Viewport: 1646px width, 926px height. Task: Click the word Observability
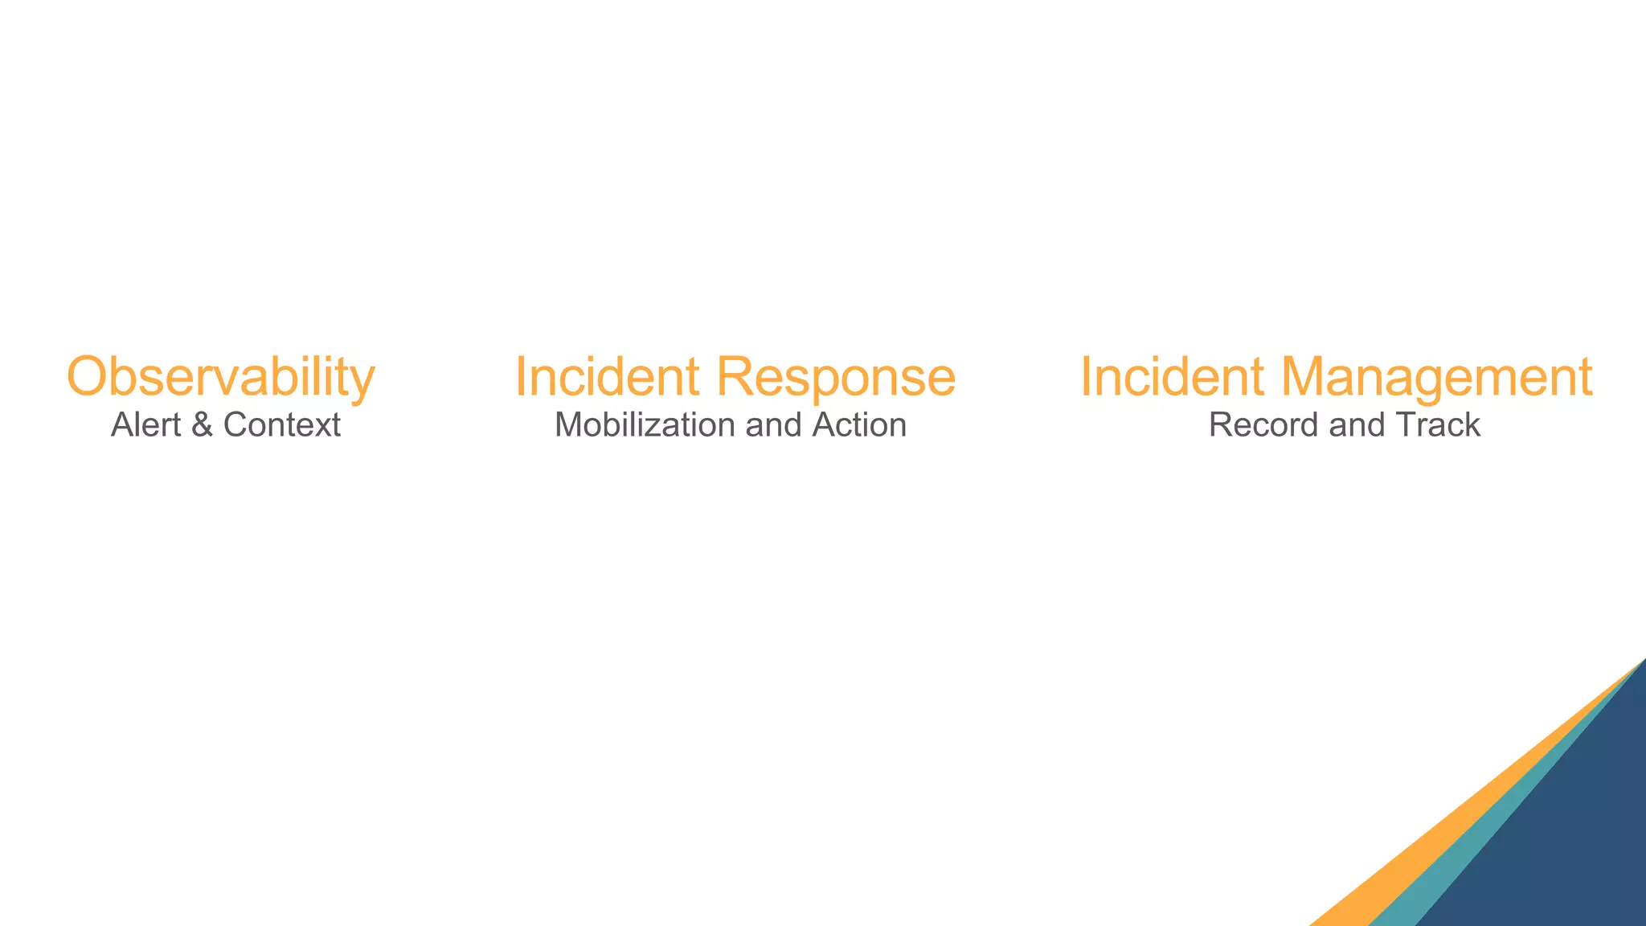tap(220, 376)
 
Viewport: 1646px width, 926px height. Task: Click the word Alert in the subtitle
tap(145, 425)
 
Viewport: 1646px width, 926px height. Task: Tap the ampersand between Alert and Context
tap(202, 425)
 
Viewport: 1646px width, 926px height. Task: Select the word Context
tap(281, 425)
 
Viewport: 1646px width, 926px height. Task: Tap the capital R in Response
tap(735, 376)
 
